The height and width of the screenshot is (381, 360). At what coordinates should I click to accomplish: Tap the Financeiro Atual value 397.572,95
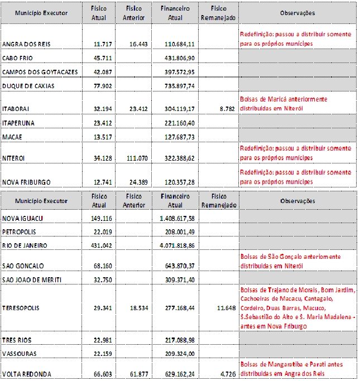click(x=177, y=72)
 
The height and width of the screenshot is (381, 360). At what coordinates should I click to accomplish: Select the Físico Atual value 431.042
click(x=101, y=245)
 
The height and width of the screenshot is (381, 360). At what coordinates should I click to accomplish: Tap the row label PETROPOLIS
click(x=18, y=232)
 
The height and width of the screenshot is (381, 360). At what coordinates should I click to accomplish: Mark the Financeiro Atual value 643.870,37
click(x=177, y=266)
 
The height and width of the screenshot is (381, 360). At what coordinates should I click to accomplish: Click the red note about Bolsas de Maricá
click(x=284, y=103)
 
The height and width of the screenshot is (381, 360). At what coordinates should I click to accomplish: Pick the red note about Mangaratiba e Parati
click(x=291, y=369)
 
